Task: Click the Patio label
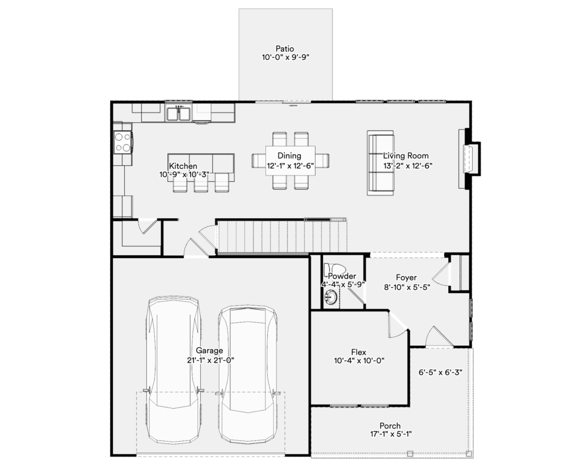coord(285,49)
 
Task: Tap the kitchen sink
coord(178,113)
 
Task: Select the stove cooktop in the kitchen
coord(123,142)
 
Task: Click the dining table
coord(290,161)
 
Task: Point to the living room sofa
coord(380,163)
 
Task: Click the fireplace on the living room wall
coord(469,159)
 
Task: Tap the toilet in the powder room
coord(335,269)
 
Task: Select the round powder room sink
coord(331,297)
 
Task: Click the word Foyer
coord(406,278)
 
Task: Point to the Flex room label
coord(359,352)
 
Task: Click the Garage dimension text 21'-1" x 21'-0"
coord(210,360)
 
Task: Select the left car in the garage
coord(174,369)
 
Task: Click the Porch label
coord(390,426)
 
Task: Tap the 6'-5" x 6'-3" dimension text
coord(440,372)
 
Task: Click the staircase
coord(281,236)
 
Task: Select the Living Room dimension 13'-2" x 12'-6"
coord(407,166)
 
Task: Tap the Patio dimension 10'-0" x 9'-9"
coord(285,57)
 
